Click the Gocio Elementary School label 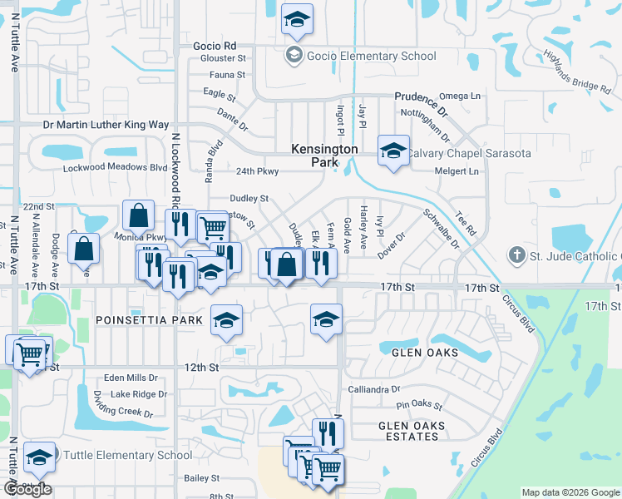(371, 57)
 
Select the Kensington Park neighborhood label (324, 156)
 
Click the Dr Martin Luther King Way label (106, 125)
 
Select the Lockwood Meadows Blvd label (116, 167)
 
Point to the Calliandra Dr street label (374, 388)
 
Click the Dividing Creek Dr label (123, 403)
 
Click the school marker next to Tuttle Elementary (39, 457)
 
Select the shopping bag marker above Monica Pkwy (138, 216)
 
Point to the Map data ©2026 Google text (570, 492)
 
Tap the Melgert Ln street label (457, 172)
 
